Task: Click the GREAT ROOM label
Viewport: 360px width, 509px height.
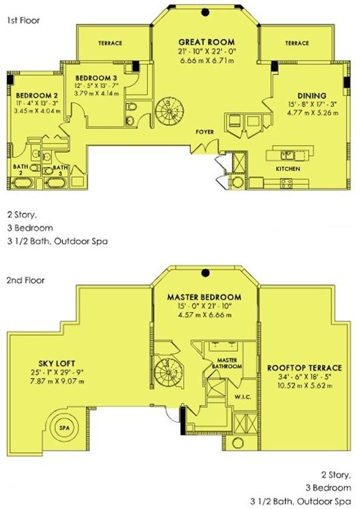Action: [x=206, y=42]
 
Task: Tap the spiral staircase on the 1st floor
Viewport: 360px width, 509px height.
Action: [x=169, y=111]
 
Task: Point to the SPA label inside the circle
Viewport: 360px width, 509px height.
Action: [x=65, y=428]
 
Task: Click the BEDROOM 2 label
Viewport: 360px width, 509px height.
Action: [x=36, y=95]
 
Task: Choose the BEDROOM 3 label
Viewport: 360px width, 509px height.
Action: [x=96, y=78]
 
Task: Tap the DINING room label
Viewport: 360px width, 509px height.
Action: [x=312, y=96]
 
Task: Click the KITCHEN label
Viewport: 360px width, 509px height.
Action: [x=288, y=169]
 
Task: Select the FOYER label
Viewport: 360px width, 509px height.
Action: [x=205, y=132]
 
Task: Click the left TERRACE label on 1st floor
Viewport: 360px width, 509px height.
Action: [x=110, y=43]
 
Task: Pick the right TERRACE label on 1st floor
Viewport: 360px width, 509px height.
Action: [x=297, y=43]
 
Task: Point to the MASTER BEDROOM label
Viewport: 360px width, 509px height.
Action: [x=205, y=297]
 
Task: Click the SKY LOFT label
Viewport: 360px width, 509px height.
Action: [x=57, y=363]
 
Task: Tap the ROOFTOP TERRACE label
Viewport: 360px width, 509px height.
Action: [x=304, y=368]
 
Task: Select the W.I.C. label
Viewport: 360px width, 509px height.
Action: [x=243, y=397]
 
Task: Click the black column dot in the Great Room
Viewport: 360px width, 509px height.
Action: [x=205, y=12]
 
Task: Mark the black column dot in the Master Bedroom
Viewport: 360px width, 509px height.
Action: [x=205, y=273]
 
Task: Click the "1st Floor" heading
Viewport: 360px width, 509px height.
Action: [x=24, y=21]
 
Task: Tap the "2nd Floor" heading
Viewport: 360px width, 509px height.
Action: [x=25, y=280]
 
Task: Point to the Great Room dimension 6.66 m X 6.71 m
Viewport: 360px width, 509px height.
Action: [x=206, y=61]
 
